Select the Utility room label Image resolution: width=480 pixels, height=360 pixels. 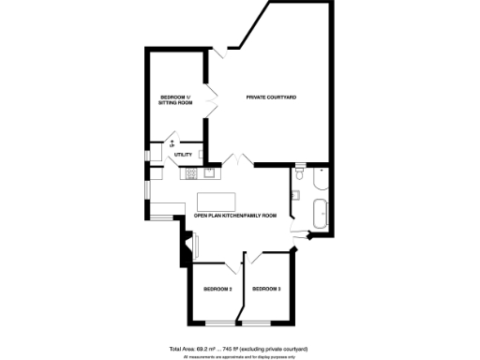[184, 155]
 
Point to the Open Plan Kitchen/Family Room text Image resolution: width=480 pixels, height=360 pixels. [235, 216]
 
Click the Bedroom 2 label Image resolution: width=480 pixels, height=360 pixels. [217, 288]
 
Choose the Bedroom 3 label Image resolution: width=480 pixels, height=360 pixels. [266, 288]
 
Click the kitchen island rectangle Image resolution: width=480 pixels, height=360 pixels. [217, 200]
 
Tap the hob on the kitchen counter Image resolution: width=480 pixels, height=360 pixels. [190, 172]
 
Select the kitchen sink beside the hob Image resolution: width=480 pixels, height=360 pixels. [208, 172]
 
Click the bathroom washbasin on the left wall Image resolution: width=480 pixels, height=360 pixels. [294, 195]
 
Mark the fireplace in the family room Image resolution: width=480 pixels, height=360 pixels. [194, 245]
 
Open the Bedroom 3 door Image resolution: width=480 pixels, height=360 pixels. [254, 258]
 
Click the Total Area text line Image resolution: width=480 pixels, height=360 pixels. [239, 347]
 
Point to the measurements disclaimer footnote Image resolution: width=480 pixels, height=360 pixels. [239, 355]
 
